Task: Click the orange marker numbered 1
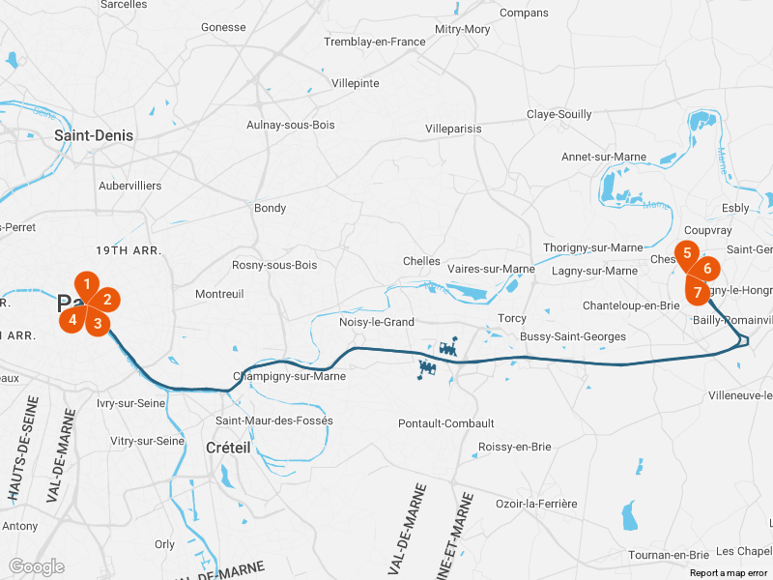tap(87, 284)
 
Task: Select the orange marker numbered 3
tap(98, 323)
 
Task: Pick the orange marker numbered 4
tap(72, 320)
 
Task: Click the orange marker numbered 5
tap(687, 253)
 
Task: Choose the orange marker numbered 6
tap(707, 269)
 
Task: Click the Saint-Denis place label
tap(94, 135)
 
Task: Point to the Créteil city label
tap(228, 448)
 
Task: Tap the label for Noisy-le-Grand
tap(377, 322)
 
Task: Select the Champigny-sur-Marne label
tap(290, 376)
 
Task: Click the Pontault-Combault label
tap(446, 423)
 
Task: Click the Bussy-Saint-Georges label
tap(573, 336)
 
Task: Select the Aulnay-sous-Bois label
tap(291, 125)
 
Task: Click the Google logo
tap(37, 567)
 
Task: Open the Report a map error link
tap(729, 573)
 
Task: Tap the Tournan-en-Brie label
tap(669, 555)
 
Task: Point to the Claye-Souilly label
tap(559, 114)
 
